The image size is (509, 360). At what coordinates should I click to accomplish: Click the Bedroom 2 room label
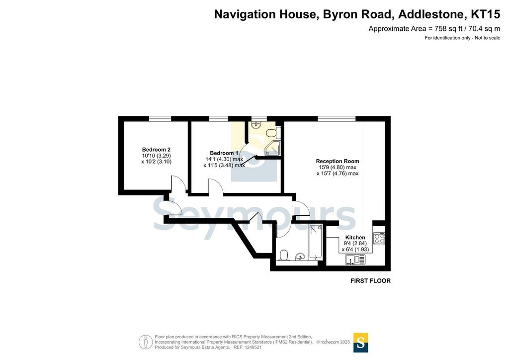click(x=156, y=150)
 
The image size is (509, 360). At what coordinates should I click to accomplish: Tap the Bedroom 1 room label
click(x=224, y=153)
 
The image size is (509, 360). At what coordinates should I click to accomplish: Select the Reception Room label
click(x=338, y=161)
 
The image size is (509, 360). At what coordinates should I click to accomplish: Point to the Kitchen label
click(x=355, y=238)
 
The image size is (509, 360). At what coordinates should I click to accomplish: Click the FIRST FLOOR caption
click(x=370, y=281)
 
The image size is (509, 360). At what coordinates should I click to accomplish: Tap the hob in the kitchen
click(x=379, y=238)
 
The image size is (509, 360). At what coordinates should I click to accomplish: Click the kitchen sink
click(x=355, y=260)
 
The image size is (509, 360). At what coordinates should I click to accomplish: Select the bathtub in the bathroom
click(x=315, y=242)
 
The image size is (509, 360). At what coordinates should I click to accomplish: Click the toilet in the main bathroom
click(x=284, y=255)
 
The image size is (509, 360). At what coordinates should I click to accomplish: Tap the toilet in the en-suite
click(x=271, y=132)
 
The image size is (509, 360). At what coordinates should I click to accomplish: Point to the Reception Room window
click(x=337, y=119)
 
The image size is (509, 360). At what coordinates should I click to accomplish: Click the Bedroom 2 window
click(x=160, y=119)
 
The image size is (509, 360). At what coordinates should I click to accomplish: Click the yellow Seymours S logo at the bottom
click(x=360, y=343)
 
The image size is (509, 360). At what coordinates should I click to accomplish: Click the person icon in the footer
click(x=146, y=342)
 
